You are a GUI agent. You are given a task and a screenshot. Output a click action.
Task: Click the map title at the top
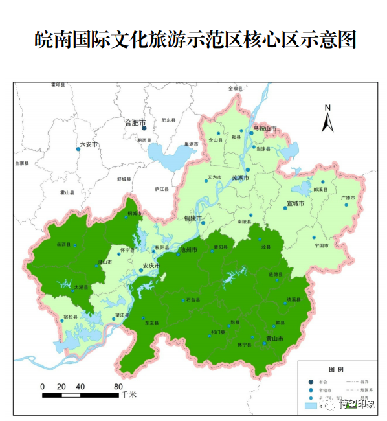(195, 41)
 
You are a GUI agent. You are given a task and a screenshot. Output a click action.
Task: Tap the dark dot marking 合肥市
(144, 128)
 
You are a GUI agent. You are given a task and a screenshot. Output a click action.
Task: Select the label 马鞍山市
(264, 129)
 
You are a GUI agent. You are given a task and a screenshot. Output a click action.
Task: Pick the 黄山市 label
(275, 338)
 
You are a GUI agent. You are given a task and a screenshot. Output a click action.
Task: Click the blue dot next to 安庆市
(141, 270)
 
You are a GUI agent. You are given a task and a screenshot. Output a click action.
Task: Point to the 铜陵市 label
(193, 218)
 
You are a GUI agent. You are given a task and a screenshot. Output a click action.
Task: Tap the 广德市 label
(348, 198)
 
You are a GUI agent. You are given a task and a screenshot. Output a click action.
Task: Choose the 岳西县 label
(63, 244)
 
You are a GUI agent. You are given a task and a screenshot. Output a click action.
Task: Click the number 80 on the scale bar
(118, 387)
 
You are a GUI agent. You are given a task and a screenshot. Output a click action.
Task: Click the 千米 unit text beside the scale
(130, 394)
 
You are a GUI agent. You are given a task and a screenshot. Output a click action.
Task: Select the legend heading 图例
(336, 369)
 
